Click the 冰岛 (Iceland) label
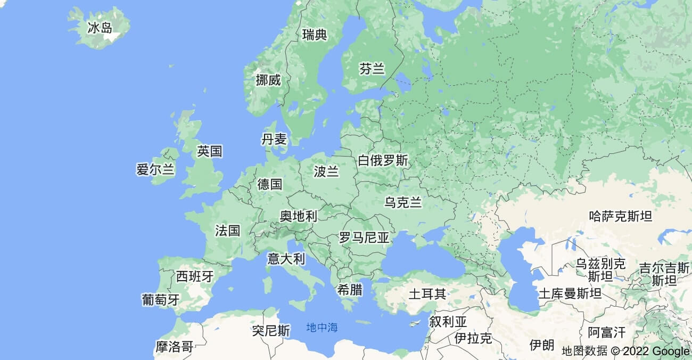[x=100, y=28]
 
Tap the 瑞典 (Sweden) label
[x=315, y=35]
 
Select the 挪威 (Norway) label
[x=268, y=80]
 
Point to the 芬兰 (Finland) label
[x=372, y=69]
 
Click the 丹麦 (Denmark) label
[x=274, y=140]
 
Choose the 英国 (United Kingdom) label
[x=209, y=151]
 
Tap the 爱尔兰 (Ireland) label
[x=155, y=170]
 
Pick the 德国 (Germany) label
[x=269, y=184]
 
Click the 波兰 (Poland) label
[x=326, y=171]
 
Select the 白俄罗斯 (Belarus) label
[x=383, y=160]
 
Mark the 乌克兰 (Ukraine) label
[x=403, y=202]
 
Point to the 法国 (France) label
[x=228, y=231]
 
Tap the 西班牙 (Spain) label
[x=195, y=276]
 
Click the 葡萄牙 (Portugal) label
[x=161, y=299]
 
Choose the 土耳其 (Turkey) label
[x=427, y=293]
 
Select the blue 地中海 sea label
[x=322, y=328]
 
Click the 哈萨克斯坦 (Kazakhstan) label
[x=621, y=216]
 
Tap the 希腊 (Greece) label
[x=350, y=290]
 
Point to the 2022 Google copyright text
[x=650, y=351]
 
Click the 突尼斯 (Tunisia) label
[x=271, y=331]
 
